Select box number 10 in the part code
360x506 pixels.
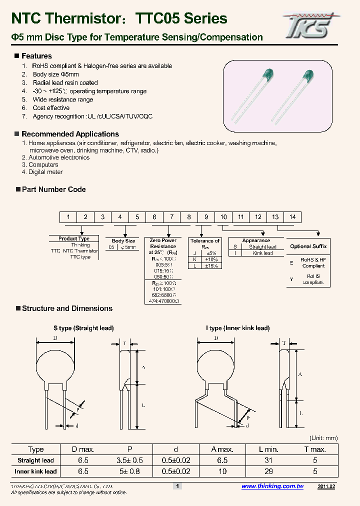223,217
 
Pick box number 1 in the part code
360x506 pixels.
67,217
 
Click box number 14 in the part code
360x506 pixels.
292,217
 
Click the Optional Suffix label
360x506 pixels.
308,246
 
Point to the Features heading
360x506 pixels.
36,56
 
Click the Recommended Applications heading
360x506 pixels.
70,134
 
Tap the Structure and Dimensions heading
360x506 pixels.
67,308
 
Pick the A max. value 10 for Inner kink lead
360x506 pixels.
222,471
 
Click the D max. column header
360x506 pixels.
83,449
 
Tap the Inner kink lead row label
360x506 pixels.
36,471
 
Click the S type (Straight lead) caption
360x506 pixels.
83,328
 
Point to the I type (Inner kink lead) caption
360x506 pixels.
237,328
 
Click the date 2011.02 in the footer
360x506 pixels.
326,486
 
